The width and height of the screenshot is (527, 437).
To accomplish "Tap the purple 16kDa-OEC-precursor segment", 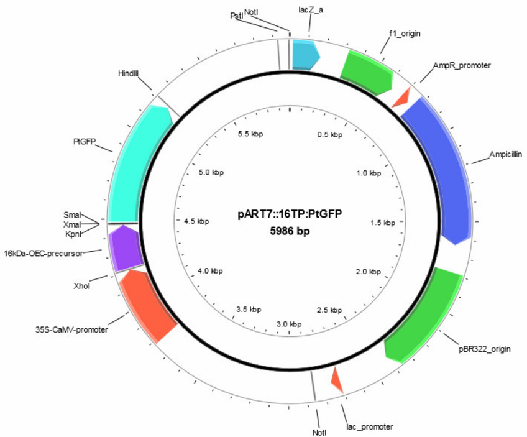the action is pyautogui.click(x=125, y=248).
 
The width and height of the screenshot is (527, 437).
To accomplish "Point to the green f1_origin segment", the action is pyautogui.click(x=368, y=72).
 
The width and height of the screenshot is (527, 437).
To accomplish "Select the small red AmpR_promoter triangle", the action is pyautogui.click(x=402, y=98).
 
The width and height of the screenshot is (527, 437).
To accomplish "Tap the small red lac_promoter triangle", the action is pyautogui.click(x=336, y=380).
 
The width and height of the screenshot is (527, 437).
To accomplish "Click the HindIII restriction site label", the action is pyautogui.click(x=129, y=73).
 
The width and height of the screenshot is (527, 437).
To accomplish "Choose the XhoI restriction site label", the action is pyautogui.click(x=81, y=286).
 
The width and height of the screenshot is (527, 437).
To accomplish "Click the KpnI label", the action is pyautogui.click(x=73, y=234).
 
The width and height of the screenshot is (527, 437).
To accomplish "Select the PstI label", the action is pyautogui.click(x=237, y=16).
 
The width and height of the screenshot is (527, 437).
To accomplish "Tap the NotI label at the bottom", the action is pyautogui.click(x=319, y=433).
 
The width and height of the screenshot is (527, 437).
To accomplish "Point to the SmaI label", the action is pyautogui.click(x=72, y=215).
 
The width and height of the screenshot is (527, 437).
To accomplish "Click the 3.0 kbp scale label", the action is pyautogui.click(x=289, y=324).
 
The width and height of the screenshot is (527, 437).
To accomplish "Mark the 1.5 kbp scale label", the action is pyautogui.click(x=383, y=223).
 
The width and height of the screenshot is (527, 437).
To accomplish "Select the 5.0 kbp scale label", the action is pyautogui.click(x=211, y=172).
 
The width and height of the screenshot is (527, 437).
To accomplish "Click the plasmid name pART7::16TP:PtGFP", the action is pyautogui.click(x=290, y=214).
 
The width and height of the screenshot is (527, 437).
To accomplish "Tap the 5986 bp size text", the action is pyautogui.click(x=290, y=231).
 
